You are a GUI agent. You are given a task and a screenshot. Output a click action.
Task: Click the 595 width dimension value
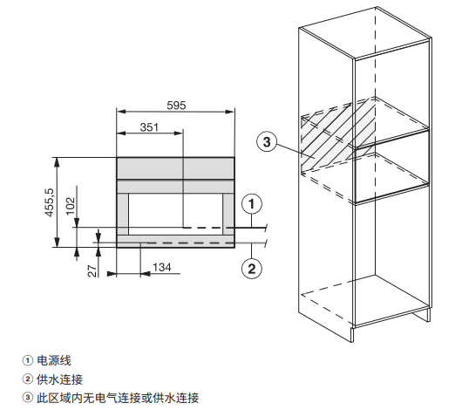click(176, 106)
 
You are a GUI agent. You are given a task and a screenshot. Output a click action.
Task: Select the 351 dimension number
click(149, 127)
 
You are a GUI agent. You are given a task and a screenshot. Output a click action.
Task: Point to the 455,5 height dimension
click(50, 202)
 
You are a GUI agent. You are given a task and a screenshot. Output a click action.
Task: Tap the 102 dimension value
click(71, 206)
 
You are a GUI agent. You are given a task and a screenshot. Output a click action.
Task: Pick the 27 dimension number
click(92, 271)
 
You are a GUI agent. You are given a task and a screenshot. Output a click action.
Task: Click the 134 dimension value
click(162, 268)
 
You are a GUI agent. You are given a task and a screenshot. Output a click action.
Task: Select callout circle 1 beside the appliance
click(252, 204)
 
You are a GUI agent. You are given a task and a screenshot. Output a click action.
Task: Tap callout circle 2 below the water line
click(252, 269)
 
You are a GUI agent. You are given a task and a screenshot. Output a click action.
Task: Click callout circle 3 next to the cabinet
click(267, 142)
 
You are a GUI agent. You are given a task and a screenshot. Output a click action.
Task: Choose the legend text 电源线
click(54, 360)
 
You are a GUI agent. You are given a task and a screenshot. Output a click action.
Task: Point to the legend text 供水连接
click(59, 379)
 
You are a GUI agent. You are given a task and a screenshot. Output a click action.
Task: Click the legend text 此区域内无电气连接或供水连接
click(118, 398)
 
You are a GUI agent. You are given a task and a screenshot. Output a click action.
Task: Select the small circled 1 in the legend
click(28, 360)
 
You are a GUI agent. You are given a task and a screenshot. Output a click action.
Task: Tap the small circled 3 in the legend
click(28, 398)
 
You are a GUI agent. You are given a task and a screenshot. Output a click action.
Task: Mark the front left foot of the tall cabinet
click(352, 334)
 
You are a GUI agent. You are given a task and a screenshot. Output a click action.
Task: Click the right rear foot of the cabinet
click(428, 315)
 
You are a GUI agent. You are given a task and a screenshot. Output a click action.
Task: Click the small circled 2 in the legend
click(28, 379)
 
